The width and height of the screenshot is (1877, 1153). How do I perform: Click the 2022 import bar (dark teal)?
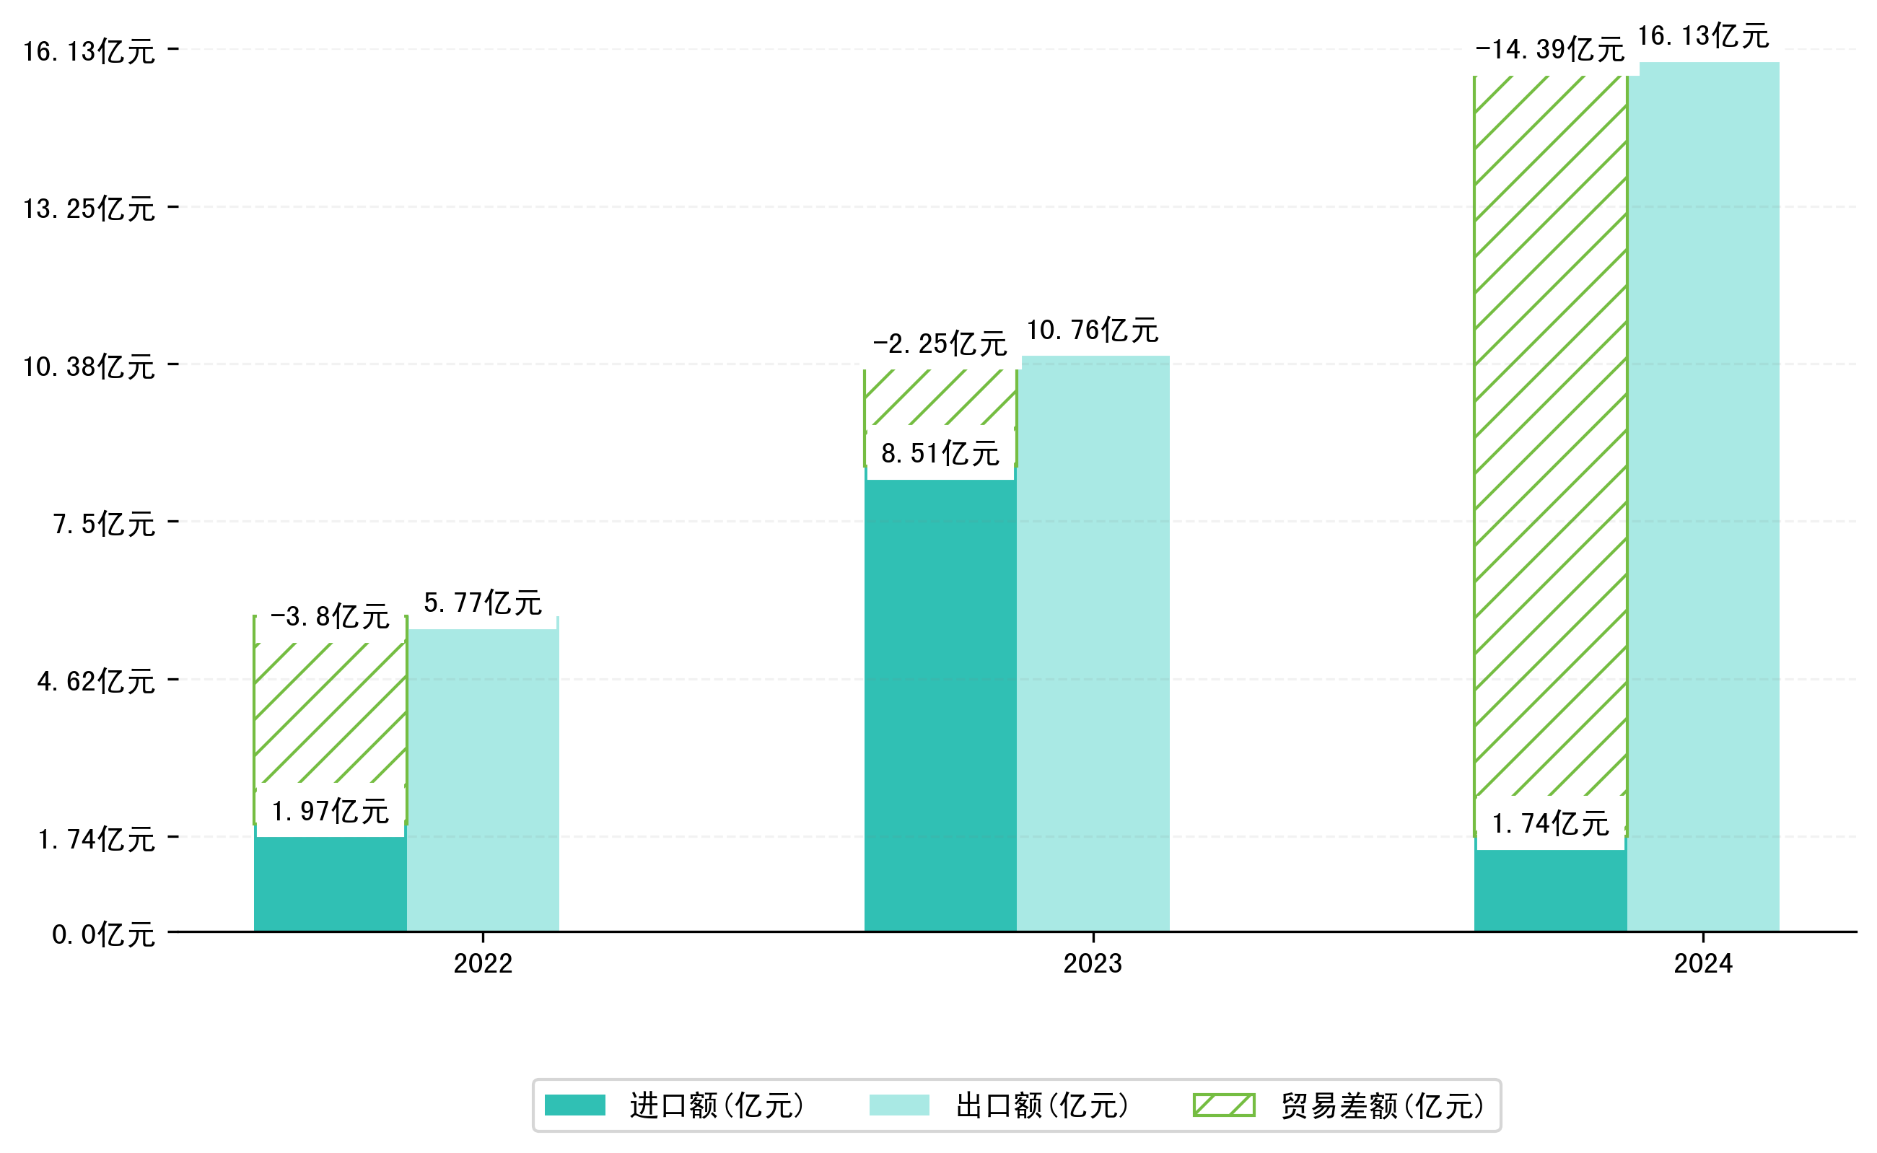[330, 885]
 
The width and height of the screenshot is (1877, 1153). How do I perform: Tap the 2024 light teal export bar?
[1702, 496]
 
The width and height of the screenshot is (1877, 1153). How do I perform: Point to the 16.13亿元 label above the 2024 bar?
[1702, 36]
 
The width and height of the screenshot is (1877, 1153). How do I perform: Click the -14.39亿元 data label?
[1550, 50]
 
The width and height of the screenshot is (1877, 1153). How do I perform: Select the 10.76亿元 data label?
[1092, 330]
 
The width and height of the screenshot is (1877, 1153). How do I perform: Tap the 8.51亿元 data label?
[940, 454]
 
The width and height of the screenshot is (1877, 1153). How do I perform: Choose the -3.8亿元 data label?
[330, 616]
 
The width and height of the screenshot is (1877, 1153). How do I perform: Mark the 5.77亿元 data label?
[482, 602]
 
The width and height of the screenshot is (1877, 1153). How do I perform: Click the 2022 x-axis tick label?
[482, 964]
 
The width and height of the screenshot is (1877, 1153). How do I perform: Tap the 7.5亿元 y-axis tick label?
[104, 524]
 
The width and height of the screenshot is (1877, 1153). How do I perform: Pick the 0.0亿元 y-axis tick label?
[103, 934]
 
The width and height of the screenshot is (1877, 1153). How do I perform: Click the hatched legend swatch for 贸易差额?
[1223, 1105]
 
